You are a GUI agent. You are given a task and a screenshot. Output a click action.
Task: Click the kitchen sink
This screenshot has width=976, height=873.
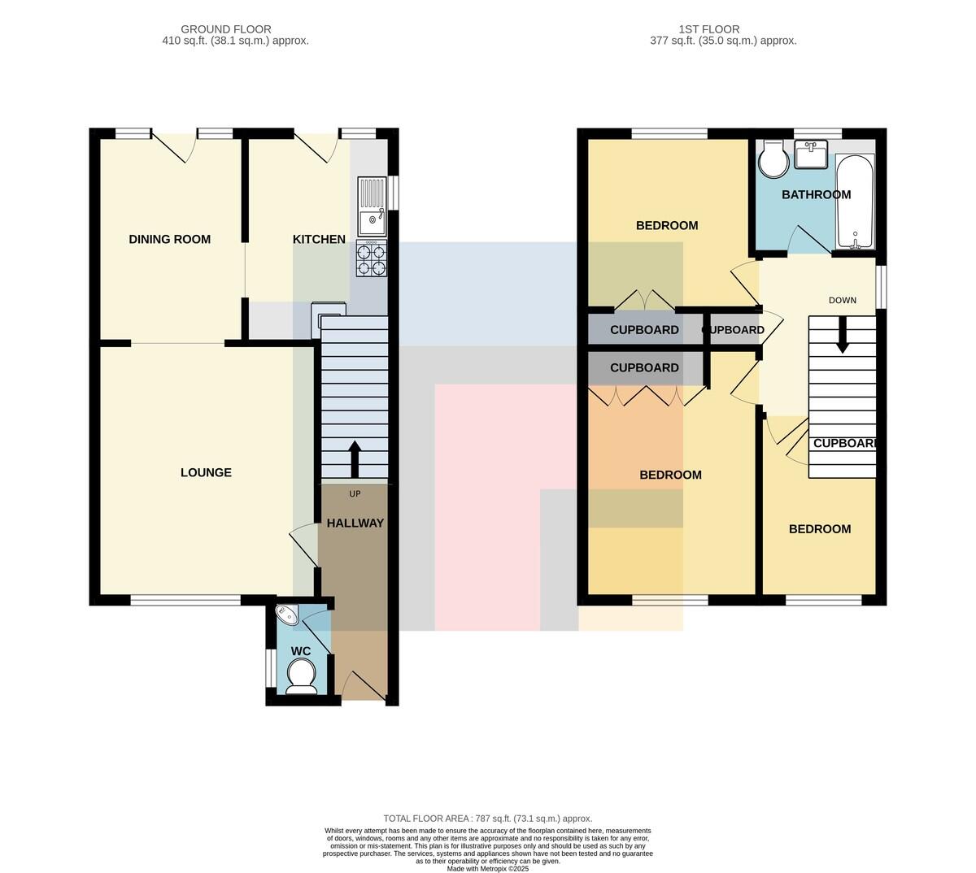click(372, 206)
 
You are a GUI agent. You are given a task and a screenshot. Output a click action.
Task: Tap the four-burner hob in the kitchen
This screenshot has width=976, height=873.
click(372, 259)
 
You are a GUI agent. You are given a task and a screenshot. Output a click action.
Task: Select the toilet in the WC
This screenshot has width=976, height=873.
click(301, 676)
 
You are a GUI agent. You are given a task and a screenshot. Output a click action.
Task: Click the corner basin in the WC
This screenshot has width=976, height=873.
click(288, 615)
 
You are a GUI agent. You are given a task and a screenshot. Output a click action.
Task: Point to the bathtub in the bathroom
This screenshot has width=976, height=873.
click(855, 202)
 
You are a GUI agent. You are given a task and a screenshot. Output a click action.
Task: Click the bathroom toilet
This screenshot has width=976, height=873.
click(773, 159)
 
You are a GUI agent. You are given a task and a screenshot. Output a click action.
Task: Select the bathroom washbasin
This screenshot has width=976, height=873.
click(811, 154)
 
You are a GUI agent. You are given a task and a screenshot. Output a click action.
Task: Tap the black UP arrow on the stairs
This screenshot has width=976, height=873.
click(355, 459)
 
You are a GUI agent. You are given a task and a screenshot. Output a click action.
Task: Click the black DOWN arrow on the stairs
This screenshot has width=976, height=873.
click(842, 335)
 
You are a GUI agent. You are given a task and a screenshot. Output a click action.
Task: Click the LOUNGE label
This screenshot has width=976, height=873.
click(206, 472)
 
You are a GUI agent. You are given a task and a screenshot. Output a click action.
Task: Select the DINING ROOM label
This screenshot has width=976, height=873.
click(169, 239)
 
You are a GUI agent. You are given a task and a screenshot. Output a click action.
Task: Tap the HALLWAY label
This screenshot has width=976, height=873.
click(355, 523)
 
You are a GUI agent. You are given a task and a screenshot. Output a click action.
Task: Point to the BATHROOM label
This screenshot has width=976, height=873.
click(816, 194)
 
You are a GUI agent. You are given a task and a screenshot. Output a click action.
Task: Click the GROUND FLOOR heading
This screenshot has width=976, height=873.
click(226, 29)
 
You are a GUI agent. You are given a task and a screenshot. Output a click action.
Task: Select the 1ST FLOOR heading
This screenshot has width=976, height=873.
click(709, 29)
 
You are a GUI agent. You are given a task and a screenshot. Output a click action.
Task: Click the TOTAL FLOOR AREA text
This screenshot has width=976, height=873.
click(487, 818)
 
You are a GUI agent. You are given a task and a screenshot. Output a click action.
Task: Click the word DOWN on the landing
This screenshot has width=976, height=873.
click(843, 301)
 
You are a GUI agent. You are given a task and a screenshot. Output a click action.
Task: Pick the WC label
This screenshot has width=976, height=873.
click(301, 651)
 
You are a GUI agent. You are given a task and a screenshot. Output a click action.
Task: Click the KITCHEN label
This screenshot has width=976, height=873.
click(319, 239)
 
